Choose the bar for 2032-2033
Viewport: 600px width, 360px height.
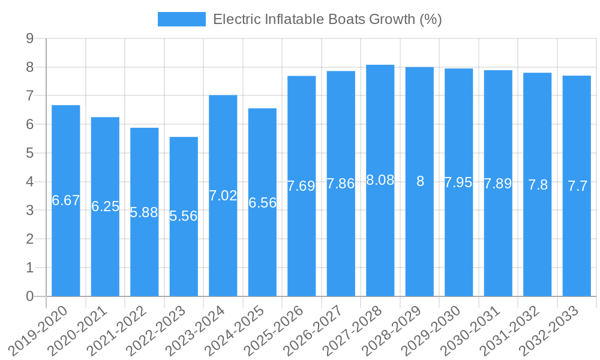577,240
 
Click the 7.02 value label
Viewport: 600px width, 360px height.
223,196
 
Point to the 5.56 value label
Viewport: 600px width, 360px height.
184,216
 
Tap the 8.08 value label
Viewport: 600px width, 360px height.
380,180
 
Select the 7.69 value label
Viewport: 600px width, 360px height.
301,186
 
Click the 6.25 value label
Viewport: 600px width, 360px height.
105,206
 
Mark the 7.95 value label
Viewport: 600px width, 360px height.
458,183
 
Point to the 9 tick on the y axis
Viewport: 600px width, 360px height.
29,39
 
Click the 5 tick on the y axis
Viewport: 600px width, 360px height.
29,154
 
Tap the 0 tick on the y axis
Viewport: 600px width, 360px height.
29,296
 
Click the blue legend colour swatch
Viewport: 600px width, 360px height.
181,19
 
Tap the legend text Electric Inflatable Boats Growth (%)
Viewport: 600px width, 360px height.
328,19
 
